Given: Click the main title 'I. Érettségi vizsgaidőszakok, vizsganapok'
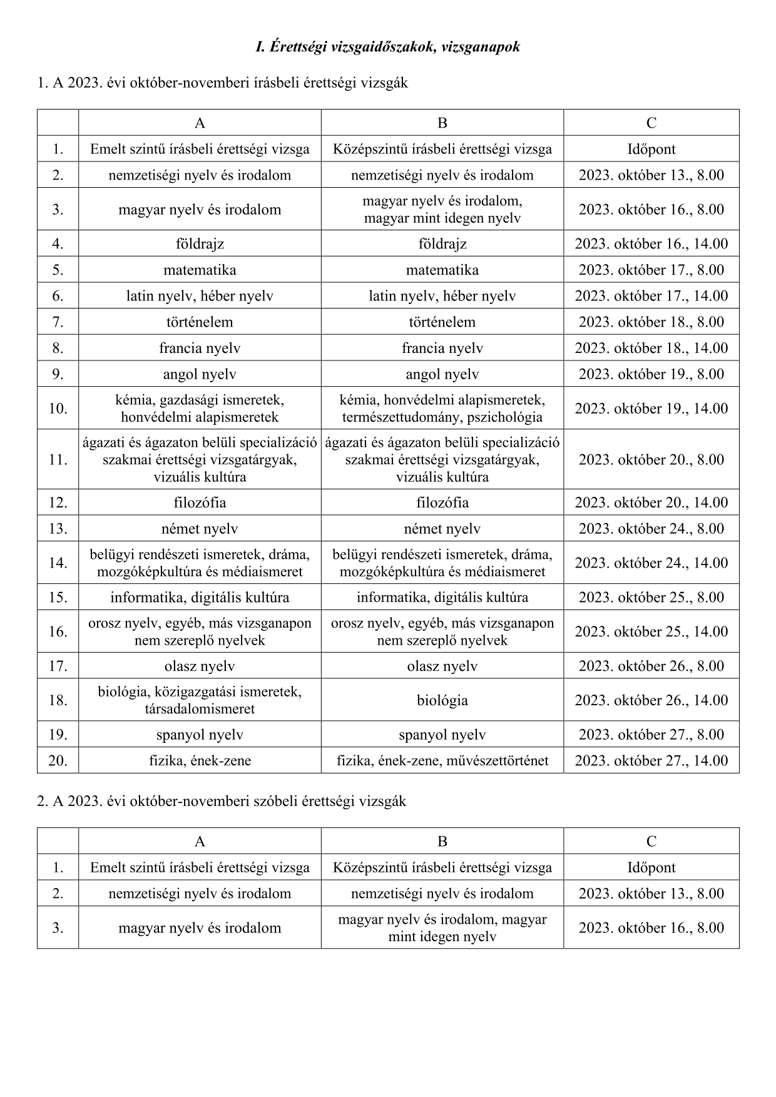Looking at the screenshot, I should point(388,47).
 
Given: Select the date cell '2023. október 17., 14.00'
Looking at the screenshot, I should point(651,296).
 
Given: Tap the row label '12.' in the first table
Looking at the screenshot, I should point(58,503).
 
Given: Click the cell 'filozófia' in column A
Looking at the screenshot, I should point(200,503).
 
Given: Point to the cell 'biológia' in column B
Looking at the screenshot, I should point(442,700).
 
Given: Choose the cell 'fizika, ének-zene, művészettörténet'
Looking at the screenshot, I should point(442,761).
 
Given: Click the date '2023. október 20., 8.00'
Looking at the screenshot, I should point(651,460).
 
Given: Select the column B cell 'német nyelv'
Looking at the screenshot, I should point(442,529).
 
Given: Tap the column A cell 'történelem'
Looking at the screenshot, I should point(200,322).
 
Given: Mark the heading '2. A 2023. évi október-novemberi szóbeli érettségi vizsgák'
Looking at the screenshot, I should point(222,801).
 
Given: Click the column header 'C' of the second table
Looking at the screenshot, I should point(651,842).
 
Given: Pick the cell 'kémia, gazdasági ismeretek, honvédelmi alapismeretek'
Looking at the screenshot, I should point(200,409).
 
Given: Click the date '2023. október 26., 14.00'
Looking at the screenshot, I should point(651,700).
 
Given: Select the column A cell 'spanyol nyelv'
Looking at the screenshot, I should point(200,735).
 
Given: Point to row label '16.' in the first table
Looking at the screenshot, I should point(58,631).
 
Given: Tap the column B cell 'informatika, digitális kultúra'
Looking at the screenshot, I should point(442,598).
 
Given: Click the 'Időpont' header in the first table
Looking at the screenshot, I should point(651,150).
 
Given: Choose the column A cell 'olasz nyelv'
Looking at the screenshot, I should point(200,666).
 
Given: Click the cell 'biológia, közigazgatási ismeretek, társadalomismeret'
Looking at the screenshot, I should point(200,700).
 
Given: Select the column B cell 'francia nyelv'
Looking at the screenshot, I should point(442,349).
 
